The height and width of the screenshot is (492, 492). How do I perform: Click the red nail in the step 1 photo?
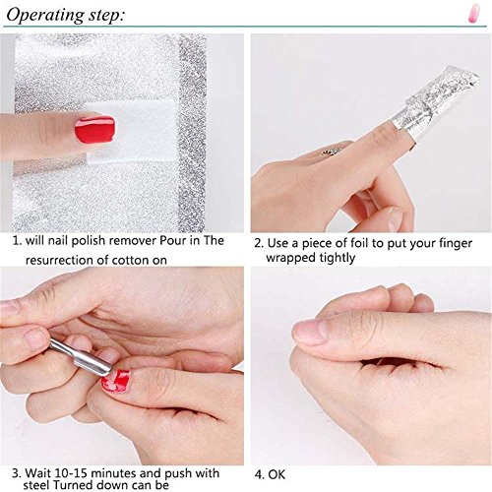[95, 128]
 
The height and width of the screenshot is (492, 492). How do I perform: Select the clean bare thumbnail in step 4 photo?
[313, 331]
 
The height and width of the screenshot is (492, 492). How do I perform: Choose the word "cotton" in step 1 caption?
[144, 260]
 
